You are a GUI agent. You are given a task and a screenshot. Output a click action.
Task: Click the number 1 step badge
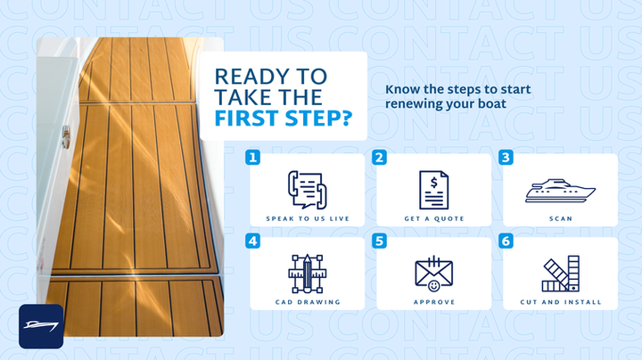click(252, 158)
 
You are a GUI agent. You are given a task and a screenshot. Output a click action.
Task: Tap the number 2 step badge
click(379, 158)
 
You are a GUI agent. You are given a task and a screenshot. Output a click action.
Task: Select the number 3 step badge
click(506, 158)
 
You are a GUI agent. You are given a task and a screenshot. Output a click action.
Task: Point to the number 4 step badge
click(252, 241)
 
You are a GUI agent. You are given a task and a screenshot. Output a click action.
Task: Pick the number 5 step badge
click(379, 241)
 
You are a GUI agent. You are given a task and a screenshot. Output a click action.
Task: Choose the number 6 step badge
click(506, 241)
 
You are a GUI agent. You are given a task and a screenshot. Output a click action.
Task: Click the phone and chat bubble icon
click(307, 190)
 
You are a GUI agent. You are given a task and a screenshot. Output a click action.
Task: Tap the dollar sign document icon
click(433, 190)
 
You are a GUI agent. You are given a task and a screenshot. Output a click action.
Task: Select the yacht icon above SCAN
click(560, 190)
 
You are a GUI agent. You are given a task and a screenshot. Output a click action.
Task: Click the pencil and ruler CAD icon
click(307, 274)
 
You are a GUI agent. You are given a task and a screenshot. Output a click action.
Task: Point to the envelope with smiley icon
click(433, 274)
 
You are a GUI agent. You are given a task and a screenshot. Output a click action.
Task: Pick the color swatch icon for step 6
click(561, 274)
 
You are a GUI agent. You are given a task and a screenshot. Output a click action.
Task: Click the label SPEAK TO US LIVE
click(308, 219)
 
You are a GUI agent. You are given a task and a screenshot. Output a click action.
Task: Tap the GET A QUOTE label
click(434, 219)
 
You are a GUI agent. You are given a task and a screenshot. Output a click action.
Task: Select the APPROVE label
click(434, 302)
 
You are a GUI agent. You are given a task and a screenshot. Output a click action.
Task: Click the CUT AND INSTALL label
click(561, 302)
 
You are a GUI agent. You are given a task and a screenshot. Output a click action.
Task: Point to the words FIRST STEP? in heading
click(284, 119)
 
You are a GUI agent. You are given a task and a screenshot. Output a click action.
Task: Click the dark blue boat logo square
click(41, 326)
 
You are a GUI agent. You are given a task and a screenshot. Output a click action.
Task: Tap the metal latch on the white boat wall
click(66, 137)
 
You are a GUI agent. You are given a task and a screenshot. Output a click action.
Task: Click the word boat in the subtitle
click(492, 103)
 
